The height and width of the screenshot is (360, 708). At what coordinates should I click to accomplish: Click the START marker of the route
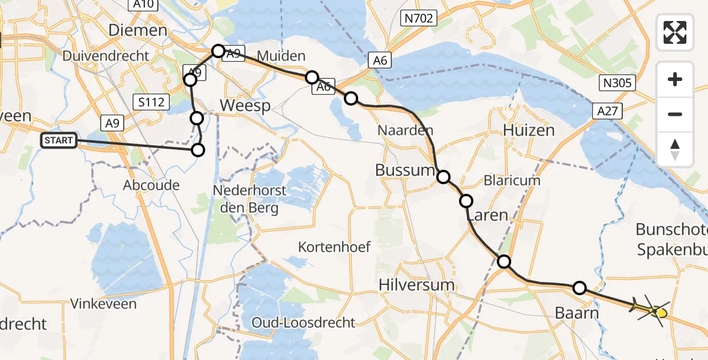[x=59, y=141]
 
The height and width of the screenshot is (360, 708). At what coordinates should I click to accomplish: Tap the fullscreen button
[x=675, y=32]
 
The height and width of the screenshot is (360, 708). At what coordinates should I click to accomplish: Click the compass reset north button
[x=675, y=149]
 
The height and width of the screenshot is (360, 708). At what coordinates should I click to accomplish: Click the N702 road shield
[x=418, y=19]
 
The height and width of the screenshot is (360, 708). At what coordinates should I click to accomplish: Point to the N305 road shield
[x=618, y=83]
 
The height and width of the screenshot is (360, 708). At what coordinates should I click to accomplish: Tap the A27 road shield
[x=610, y=110]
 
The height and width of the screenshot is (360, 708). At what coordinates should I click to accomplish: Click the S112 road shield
[x=151, y=102]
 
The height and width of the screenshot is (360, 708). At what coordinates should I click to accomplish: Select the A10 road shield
[x=143, y=5]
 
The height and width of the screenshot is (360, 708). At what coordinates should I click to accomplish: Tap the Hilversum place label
[x=417, y=284]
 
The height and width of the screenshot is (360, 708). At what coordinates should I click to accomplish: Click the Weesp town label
[x=245, y=106]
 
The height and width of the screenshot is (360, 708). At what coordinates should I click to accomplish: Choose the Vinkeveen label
[x=103, y=304]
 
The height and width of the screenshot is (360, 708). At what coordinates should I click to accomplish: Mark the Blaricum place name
[x=512, y=180]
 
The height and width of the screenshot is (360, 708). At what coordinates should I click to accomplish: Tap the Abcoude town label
[x=151, y=185]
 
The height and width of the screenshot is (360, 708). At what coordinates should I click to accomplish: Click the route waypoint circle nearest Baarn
[x=579, y=288]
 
